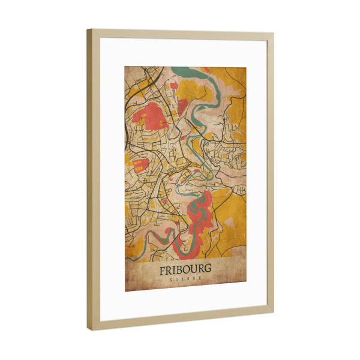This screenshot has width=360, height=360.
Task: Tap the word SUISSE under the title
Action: coord(185,280)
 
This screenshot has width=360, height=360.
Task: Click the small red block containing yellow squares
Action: coord(140,165)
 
